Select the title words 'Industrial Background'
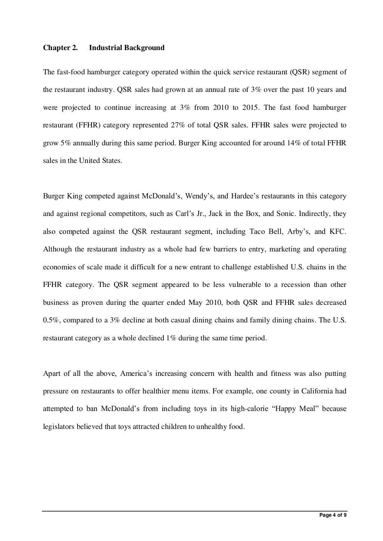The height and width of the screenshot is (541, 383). pyautogui.click(x=127, y=48)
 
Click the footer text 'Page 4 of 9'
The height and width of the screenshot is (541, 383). pyautogui.click(x=333, y=515)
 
